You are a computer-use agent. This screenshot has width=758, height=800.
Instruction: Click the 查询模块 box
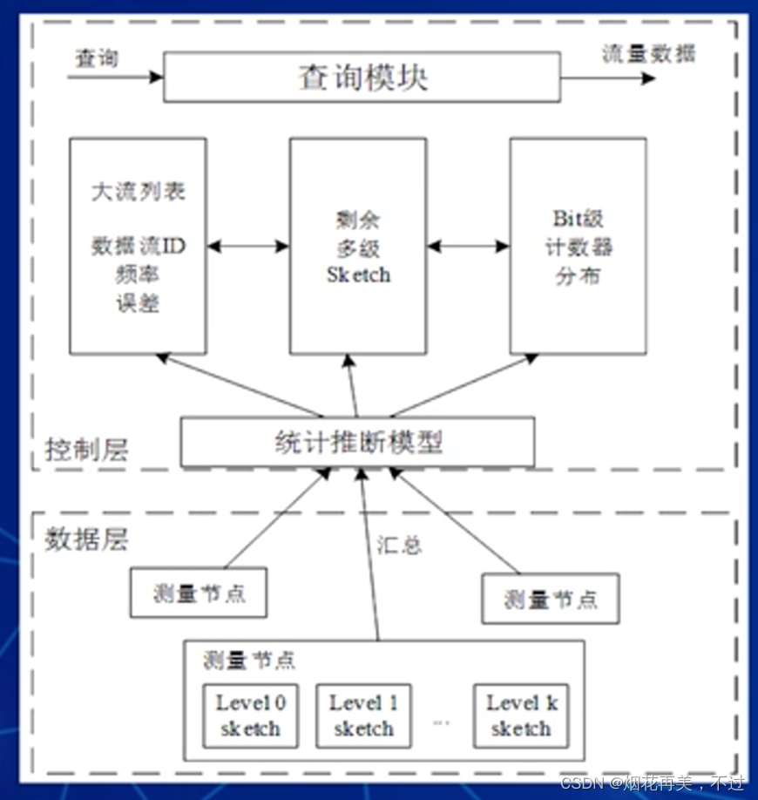pyautogui.click(x=362, y=78)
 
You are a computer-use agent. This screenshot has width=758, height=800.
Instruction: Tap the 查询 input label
pyautogui.click(x=96, y=58)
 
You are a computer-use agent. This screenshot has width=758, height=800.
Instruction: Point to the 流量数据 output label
pyautogui.click(x=649, y=53)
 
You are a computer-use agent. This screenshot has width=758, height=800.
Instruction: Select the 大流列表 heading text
pyautogui.click(x=138, y=192)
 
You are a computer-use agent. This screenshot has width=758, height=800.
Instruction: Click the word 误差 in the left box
pyautogui.click(x=138, y=303)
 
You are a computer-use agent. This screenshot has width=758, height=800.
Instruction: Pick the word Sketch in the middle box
pyautogui.click(x=358, y=275)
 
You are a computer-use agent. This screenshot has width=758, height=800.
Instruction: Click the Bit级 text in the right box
pyautogui.click(x=579, y=219)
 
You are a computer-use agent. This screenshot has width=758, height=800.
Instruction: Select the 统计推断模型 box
pyautogui.click(x=357, y=442)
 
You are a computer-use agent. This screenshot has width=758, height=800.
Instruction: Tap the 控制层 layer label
pyautogui.click(x=86, y=451)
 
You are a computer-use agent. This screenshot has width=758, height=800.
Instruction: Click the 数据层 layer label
pyautogui.click(x=86, y=539)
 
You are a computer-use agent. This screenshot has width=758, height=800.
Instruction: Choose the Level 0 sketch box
pyautogui.click(x=250, y=715)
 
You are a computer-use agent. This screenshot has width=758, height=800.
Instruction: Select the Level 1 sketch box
pyautogui.click(x=363, y=715)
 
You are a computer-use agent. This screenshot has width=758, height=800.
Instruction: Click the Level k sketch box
pyautogui.click(x=520, y=715)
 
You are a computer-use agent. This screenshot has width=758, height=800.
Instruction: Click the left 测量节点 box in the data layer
pyautogui.click(x=198, y=593)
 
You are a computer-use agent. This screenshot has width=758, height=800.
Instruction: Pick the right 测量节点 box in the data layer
pyautogui.click(x=551, y=599)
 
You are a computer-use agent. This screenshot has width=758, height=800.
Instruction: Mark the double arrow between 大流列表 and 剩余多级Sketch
pyautogui.click(x=247, y=247)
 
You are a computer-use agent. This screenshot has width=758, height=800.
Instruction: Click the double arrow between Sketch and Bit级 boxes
pyautogui.click(x=468, y=247)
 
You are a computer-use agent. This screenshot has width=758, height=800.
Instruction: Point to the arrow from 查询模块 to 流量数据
pyautogui.click(x=607, y=78)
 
